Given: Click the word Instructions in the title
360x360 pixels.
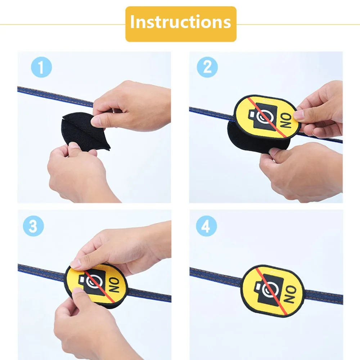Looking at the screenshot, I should pyautogui.click(x=180, y=22).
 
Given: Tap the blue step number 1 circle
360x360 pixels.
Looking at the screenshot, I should pyautogui.click(x=41, y=68).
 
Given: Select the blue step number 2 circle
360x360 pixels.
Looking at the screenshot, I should pyautogui.click(x=207, y=67).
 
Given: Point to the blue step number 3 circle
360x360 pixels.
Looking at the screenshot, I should pyautogui.click(x=33, y=226).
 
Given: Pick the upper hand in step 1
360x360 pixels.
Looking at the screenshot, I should pyautogui.click(x=133, y=104).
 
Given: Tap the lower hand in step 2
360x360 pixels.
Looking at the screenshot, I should pyautogui.click(x=302, y=169).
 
